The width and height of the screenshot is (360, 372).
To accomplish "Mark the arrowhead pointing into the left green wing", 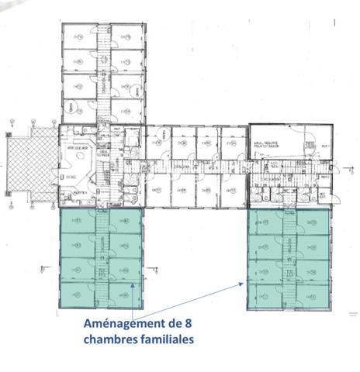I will [133, 285].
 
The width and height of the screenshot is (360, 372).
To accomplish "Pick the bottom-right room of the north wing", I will [127, 109].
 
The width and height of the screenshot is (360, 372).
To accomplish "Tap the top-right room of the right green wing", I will [311, 223].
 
